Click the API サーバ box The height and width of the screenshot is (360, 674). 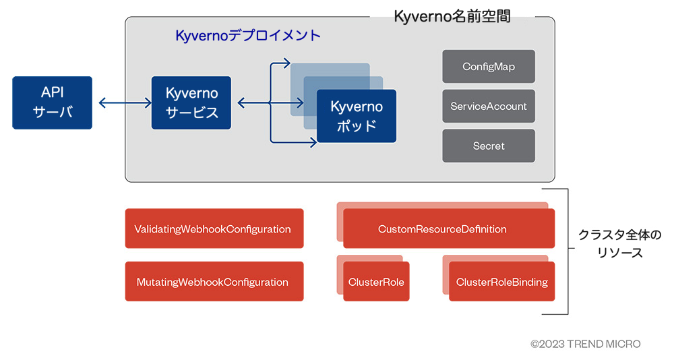point(52,102)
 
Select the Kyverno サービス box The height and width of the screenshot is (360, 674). point(192,102)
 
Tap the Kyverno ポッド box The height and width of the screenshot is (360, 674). point(357,116)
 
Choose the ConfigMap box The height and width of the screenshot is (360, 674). point(488,67)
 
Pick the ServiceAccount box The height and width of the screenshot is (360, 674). point(488,107)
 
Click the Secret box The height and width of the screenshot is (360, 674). point(488,146)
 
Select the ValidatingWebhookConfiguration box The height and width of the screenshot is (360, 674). point(214,229)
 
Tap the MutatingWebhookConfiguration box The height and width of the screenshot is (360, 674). point(214,282)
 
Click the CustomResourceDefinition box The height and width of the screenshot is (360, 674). point(448,229)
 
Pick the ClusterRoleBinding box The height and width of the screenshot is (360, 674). point(501,282)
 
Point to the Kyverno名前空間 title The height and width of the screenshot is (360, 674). point(452,17)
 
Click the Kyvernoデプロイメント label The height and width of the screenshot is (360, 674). point(248,36)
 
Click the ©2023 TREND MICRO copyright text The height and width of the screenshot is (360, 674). point(585,344)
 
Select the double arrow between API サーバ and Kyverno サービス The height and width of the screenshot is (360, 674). point(125,103)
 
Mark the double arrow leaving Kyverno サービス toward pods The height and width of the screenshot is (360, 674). point(253,103)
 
